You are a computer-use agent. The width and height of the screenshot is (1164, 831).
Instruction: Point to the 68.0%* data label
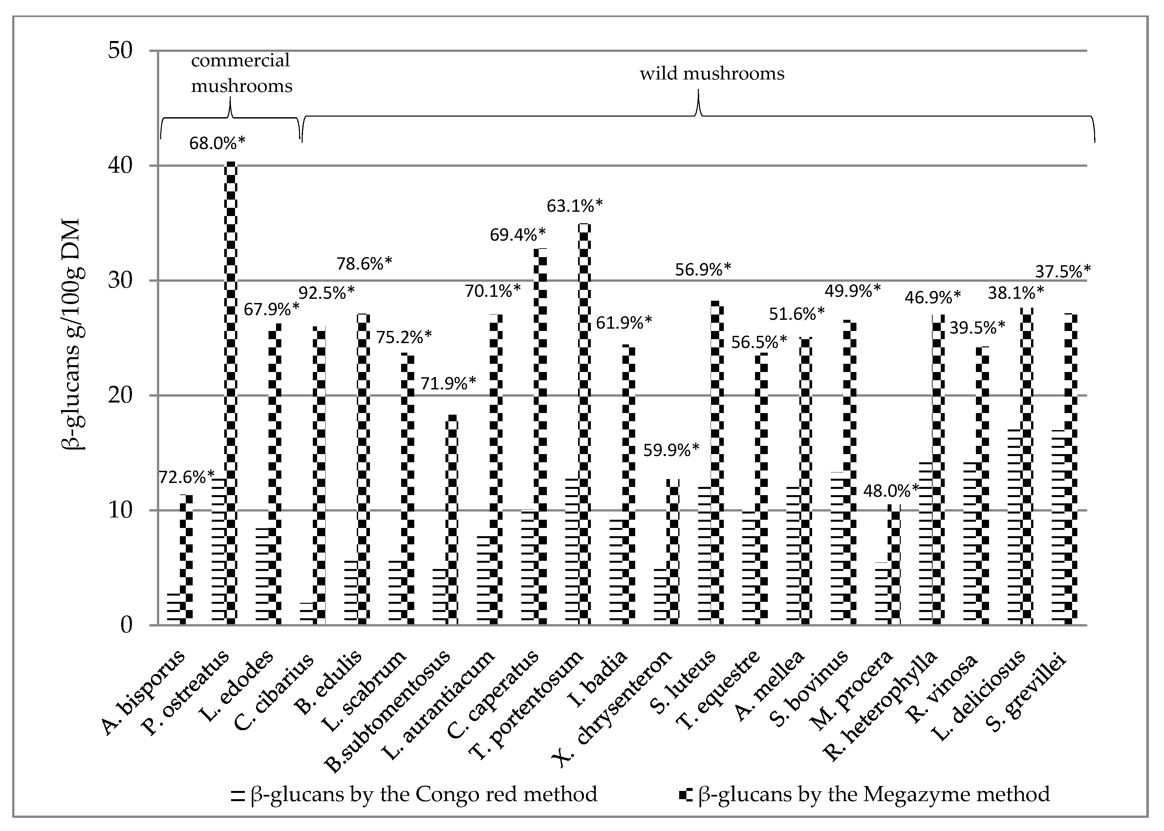217,143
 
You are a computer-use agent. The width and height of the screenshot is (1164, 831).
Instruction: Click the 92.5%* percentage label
326,293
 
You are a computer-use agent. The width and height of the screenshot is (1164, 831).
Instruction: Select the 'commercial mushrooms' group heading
241,73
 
